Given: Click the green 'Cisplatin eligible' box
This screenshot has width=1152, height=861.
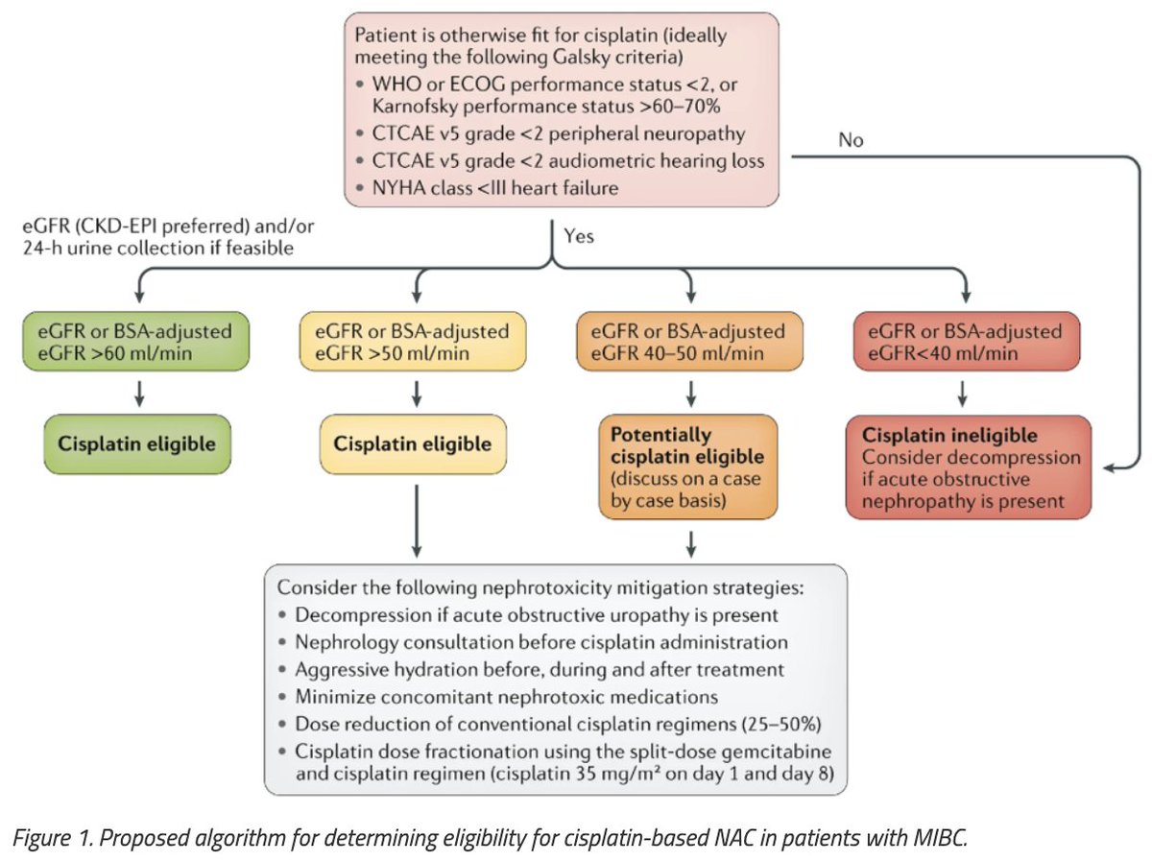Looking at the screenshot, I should [x=135, y=444].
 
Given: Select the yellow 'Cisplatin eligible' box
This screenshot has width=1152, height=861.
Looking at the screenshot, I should [x=413, y=444].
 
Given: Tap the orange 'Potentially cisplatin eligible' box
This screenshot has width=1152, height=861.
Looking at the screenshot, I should [x=690, y=465].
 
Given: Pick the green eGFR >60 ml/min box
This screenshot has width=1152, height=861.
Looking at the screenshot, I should [x=135, y=342].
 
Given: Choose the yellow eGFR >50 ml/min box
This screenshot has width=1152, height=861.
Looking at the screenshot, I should [x=413, y=342].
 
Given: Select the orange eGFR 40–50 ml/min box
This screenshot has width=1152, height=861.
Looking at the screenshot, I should [x=690, y=342].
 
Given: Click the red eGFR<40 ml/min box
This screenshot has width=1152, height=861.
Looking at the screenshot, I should [x=967, y=342].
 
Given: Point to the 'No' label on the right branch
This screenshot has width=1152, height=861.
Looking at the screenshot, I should [x=851, y=140].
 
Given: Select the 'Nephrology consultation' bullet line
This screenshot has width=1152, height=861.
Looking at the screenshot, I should [x=541, y=641].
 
